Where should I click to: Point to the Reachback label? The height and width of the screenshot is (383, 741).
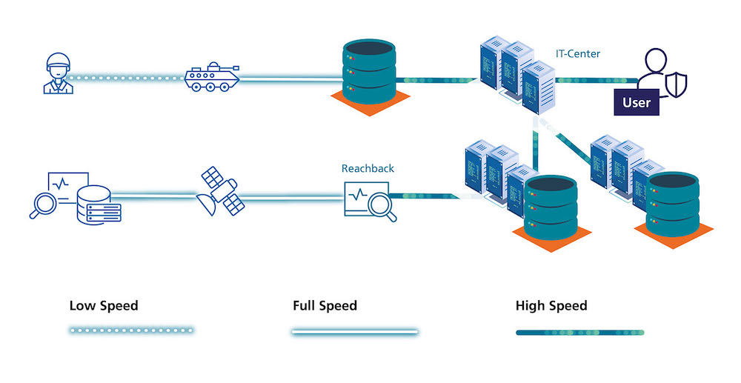[368, 168]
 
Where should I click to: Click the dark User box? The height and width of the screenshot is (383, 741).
[637, 102]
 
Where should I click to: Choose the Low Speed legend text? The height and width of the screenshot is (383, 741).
[104, 305]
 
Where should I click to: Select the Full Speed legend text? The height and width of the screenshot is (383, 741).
[325, 305]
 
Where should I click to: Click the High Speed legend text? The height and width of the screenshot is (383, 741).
[551, 305]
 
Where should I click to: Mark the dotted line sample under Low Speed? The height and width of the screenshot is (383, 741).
[130, 330]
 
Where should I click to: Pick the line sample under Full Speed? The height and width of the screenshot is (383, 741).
[354, 332]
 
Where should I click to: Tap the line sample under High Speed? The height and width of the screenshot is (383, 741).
[579, 332]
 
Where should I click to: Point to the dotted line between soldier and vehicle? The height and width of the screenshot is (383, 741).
[126, 77]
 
